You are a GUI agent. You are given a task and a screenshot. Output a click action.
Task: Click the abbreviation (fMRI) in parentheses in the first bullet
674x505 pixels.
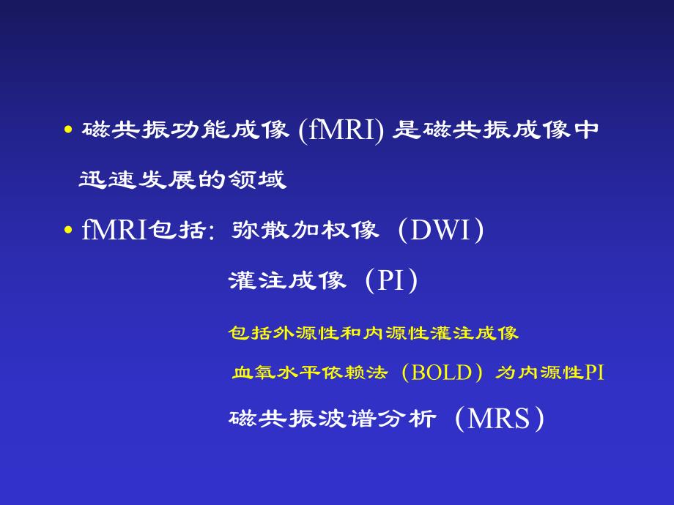341,132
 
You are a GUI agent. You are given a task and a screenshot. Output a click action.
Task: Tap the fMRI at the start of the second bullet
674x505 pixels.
114,231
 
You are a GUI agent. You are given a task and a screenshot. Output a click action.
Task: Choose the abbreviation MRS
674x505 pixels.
498,419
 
